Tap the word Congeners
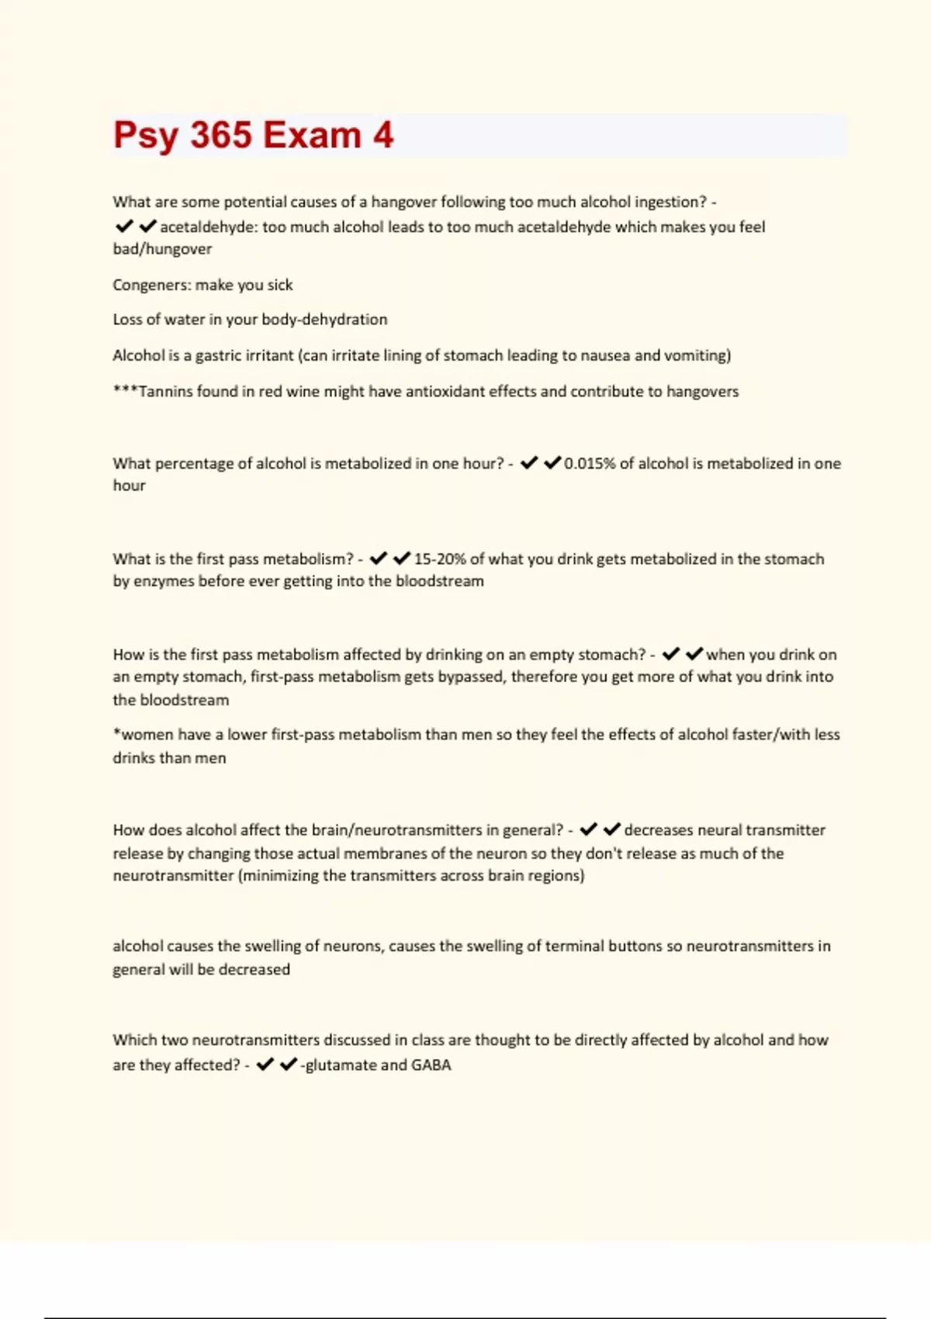151,285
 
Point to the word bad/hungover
162,249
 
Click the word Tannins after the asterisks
165,391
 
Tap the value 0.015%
590,463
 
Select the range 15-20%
440,559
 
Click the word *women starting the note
142,734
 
